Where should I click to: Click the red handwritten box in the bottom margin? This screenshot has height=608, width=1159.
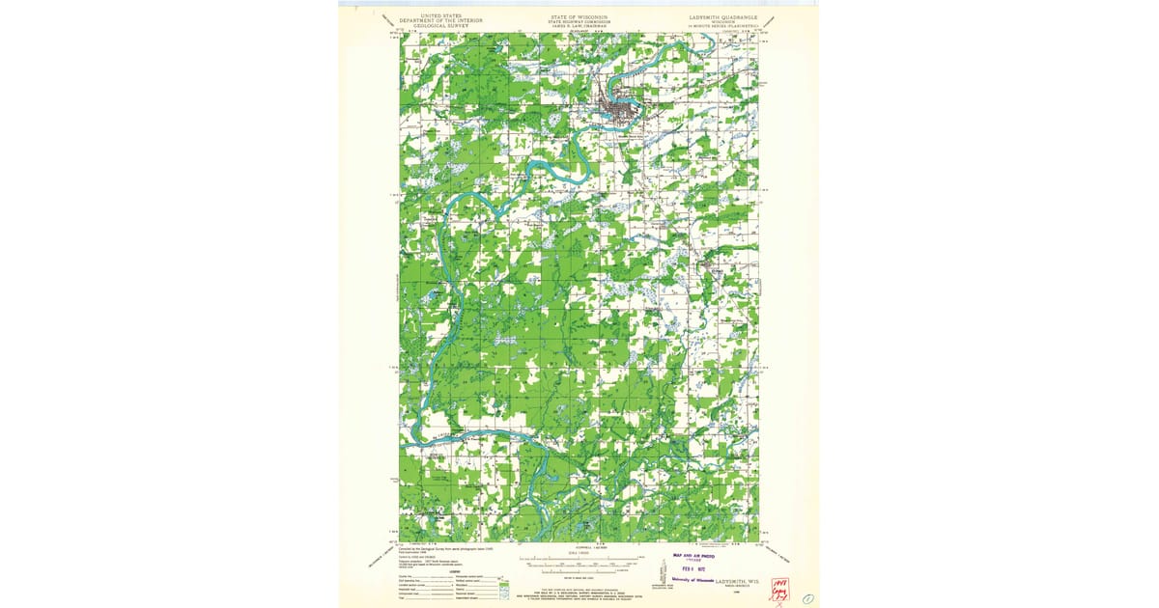pos(779,589)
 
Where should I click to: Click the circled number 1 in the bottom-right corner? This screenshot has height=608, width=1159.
pos(808,598)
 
